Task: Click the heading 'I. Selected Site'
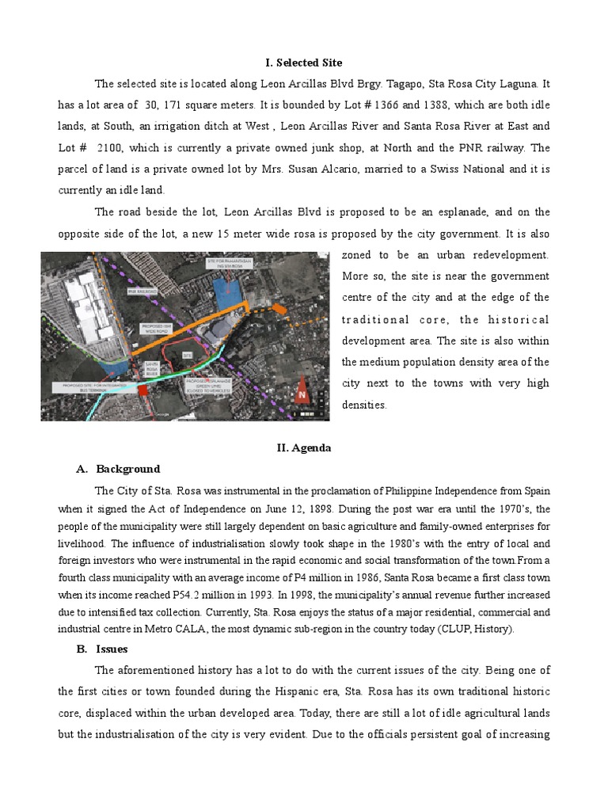click(303, 63)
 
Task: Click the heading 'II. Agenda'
click(303, 447)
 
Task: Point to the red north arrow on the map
click(301, 392)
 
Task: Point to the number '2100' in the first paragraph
click(109, 148)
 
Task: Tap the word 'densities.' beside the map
click(363, 405)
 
